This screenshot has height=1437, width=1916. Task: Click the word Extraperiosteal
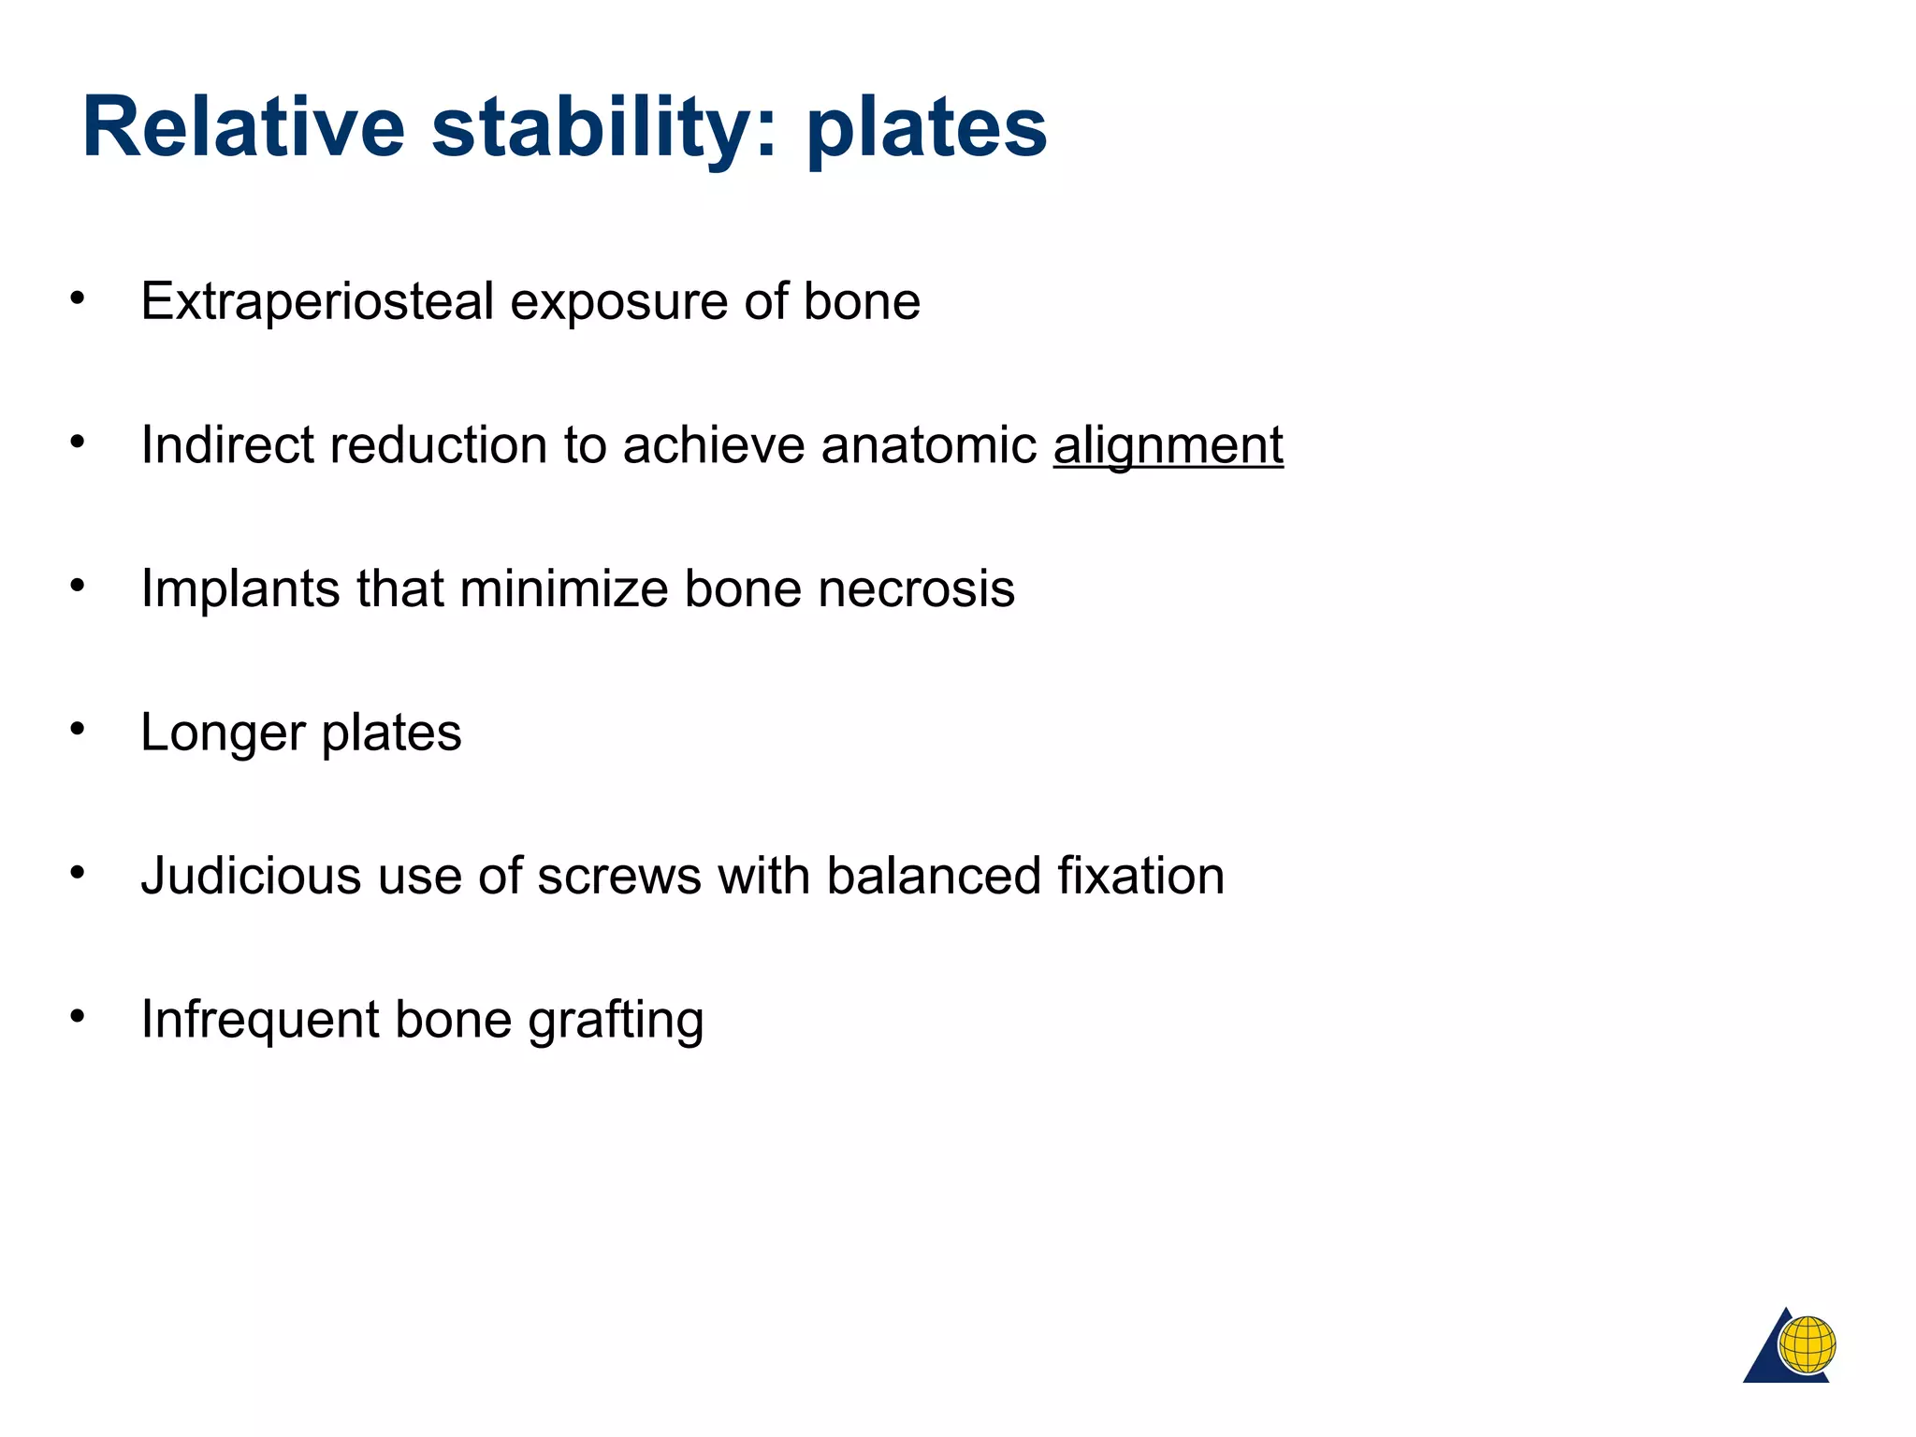[x=317, y=301]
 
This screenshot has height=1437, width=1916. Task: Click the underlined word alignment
[x=1168, y=445]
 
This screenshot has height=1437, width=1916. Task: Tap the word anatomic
[x=929, y=445]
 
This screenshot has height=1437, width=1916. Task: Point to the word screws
[x=618, y=876]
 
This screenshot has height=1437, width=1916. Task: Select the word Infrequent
[x=259, y=1020]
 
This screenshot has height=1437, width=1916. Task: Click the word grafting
[x=615, y=1020]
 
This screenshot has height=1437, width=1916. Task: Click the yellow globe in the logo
[x=1807, y=1344]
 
